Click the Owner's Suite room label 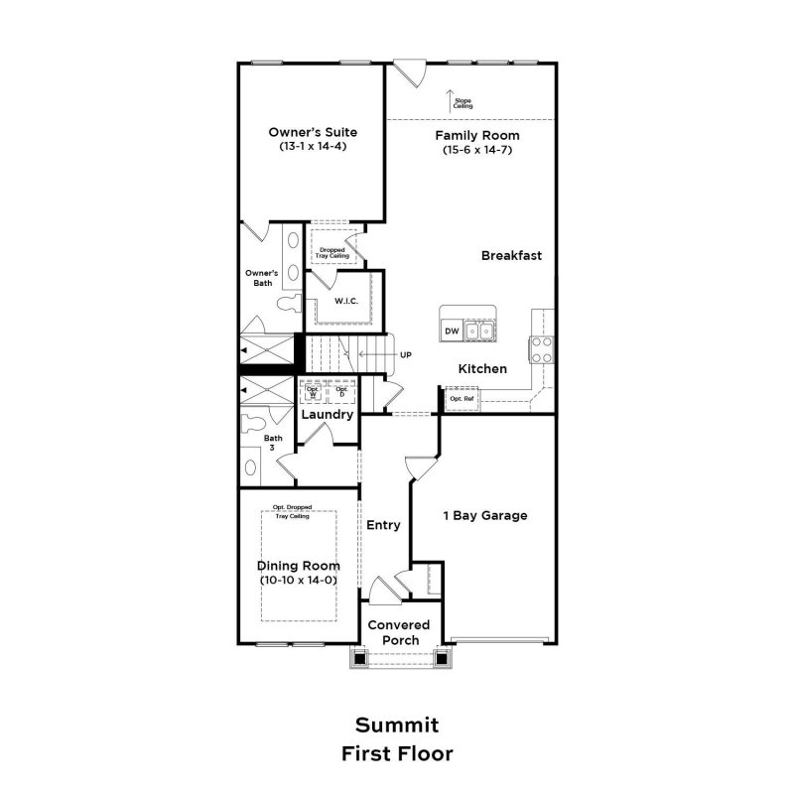pyautogui.click(x=313, y=132)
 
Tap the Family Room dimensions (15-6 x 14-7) pyautogui.click(x=477, y=151)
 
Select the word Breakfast pyautogui.click(x=511, y=255)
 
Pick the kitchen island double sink pyautogui.click(x=481, y=331)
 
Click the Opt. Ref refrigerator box pyautogui.click(x=463, y=399)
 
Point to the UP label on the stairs pyautogui.click(x=405, y=354)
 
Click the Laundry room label pyautogui.click(x=328, y=414)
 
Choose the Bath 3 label pyautogui.click(x=272, y=443)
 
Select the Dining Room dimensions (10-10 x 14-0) pyautogui.click(x=299, y=580)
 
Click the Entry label pyautogui.click(x=383, y=525)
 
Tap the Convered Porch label pyautogui.click(x=398, y=632)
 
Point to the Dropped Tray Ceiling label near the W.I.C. pyautogui.click(x=331, y=252)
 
